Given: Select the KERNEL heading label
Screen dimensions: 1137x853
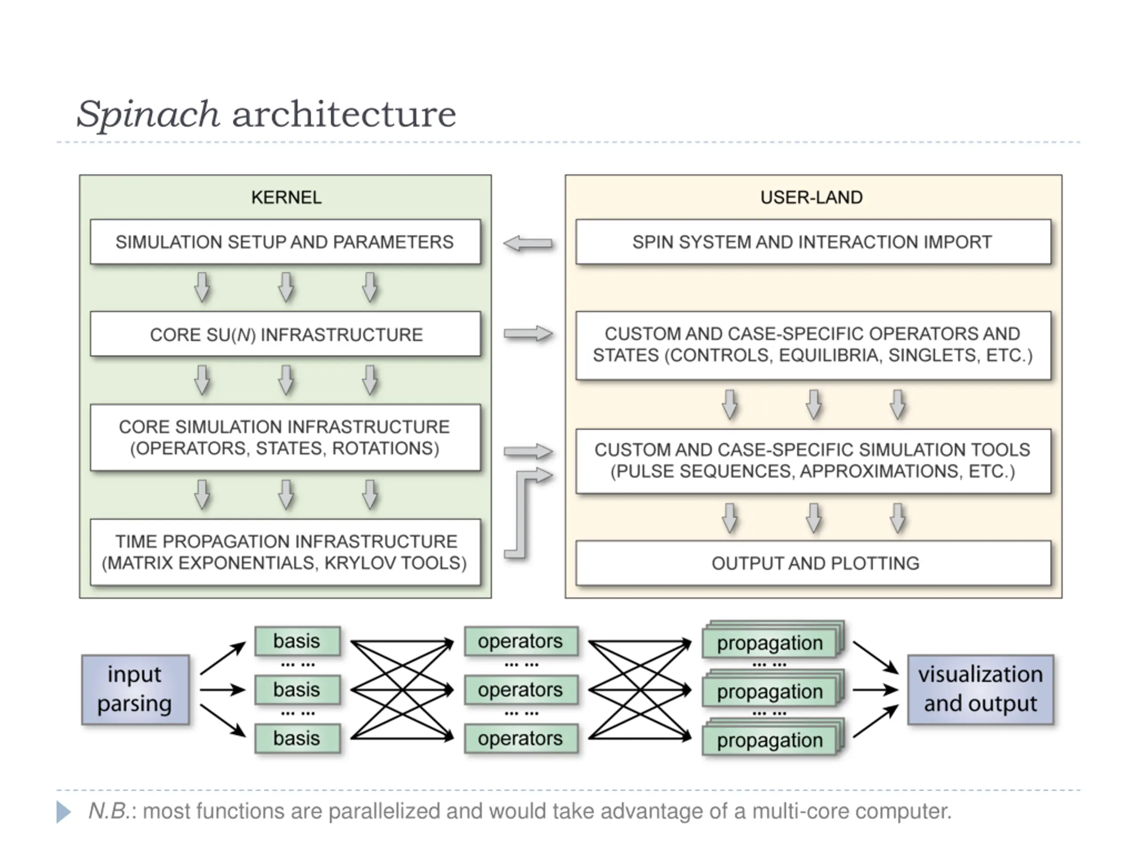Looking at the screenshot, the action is (286, 197).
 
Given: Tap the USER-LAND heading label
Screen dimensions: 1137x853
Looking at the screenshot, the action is (811, 197).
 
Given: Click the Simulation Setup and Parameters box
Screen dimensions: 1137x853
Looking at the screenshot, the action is (285, 242).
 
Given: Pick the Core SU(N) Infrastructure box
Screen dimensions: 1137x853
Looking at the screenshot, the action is (285, 334).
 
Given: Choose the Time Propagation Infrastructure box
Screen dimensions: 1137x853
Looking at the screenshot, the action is (285, 552).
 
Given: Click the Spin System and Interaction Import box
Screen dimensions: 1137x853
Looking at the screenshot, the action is (813, 242).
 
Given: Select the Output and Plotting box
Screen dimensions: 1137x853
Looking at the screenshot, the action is (813, 563).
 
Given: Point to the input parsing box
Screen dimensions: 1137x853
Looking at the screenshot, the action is (135, 690).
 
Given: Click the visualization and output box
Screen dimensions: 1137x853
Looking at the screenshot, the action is (980, 690).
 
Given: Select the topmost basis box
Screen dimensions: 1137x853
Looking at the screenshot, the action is (297, 641).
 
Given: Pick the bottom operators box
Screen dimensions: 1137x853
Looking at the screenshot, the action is (521, 739).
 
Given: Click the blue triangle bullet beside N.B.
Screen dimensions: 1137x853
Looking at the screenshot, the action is (63, 812).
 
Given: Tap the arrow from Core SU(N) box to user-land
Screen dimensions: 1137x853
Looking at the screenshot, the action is (529, 334).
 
